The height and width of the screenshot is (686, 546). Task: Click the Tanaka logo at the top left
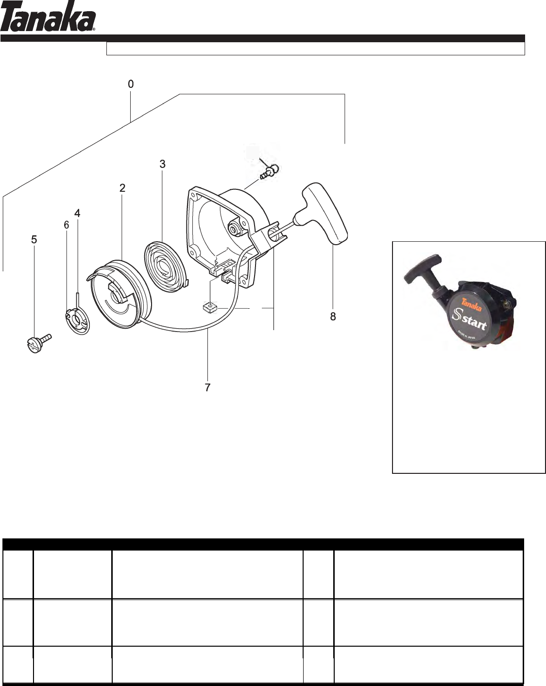[x=48, y=17]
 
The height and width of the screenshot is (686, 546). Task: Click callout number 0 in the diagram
[x=131, y=84]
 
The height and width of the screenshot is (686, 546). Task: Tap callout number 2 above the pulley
[x=122, y=188]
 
